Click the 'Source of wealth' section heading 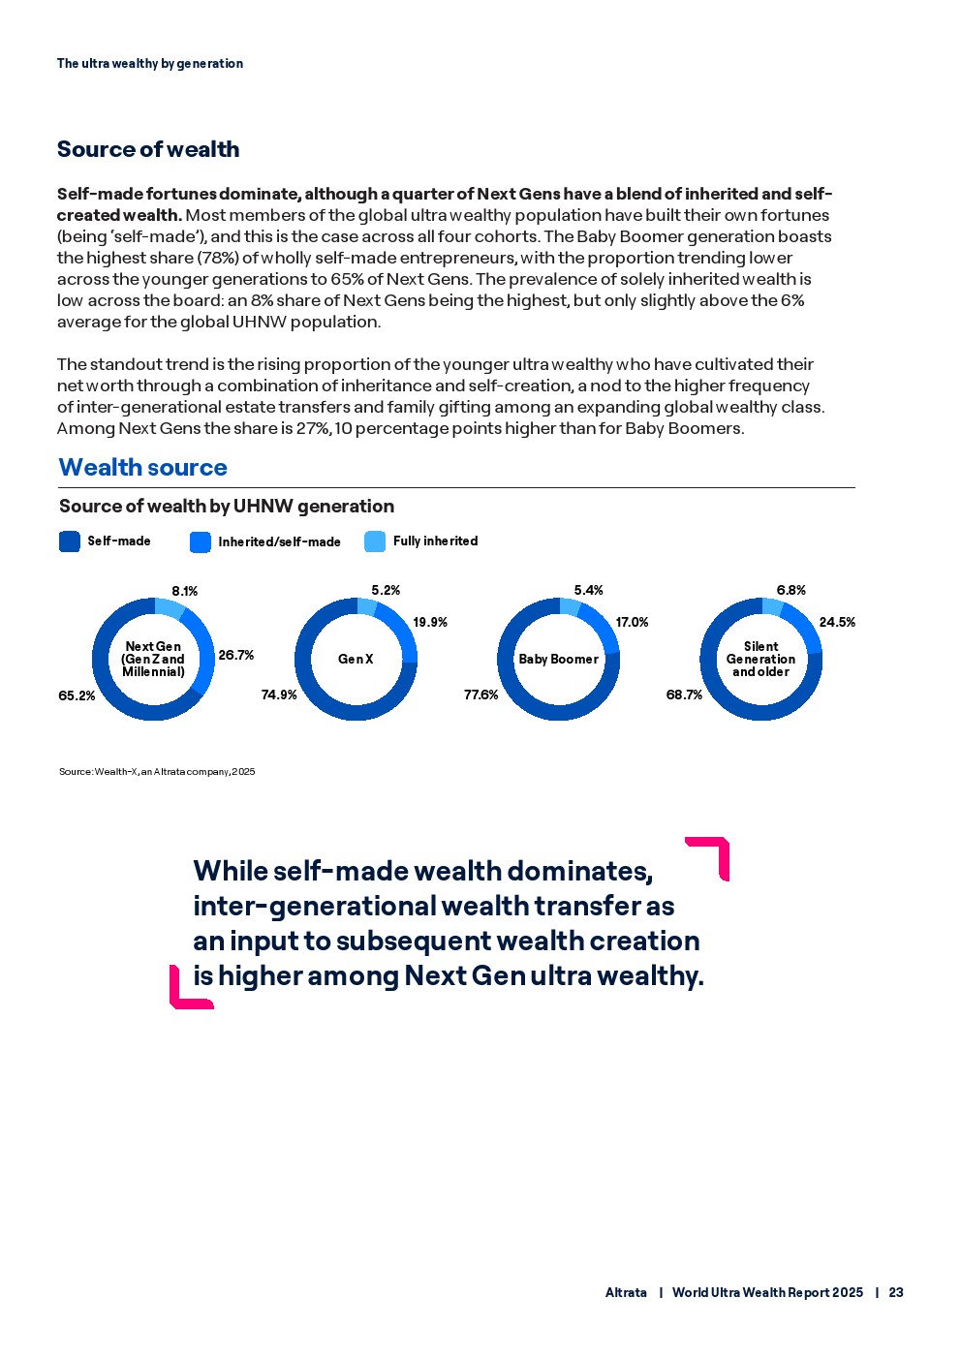click(x=148, y=149)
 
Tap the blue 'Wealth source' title click(x=142, y=467)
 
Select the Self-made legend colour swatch click(x=70, y=541)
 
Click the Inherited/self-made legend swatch click(x=201, y=542)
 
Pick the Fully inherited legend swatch click(x=375, y=541)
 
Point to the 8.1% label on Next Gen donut click(x=185, y=591)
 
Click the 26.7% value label click(x=236, y=655)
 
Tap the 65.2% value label click(x=77, y=695)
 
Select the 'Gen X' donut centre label click(x=356, y=659)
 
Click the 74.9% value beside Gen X click(x=279, y=695)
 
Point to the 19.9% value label click(x=430, y=622)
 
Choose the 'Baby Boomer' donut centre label click(x=558, y=659)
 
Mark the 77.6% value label click(x=481, y=695)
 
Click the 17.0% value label click(x=633, y=622)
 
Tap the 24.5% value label click(x=837, y=622)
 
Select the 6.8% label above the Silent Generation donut click(x=791, y=590)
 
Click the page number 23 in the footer click(x=896, y=1292)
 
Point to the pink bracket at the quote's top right click(x=714, y=851)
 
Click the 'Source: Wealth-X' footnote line click(x=157, y=771)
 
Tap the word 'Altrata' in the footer click(x=626, y=1292)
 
